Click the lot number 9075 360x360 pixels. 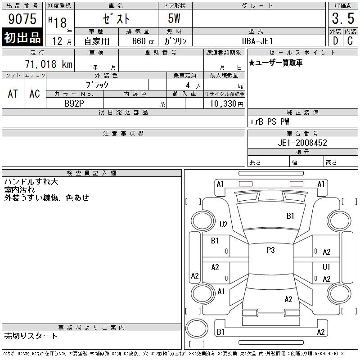coord(22,19)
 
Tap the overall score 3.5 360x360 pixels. coord(343,18)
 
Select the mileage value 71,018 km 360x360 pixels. coord(49,64)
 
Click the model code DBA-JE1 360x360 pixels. coord(257,41)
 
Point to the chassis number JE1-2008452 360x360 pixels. coord(302,143)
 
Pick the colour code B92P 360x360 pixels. coord(74,103)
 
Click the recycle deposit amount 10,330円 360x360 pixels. coord(226,104)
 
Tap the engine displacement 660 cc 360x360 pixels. coord(143,41)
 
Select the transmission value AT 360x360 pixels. coord(13,94)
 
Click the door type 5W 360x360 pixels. coord(174,18)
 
